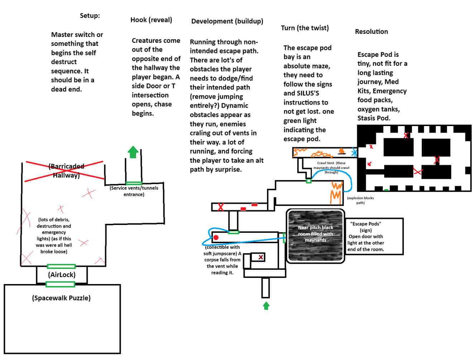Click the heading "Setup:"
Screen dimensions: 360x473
coord(90,16)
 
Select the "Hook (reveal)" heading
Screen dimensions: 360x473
coord(151,20)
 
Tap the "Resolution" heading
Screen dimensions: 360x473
coord(371,32)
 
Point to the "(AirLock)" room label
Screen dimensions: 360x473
coord(62,275)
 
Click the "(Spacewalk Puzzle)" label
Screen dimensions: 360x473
coord(61,298)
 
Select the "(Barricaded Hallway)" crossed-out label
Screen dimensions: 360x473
coord(66,171)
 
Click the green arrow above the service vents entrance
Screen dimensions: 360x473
coord(133,152)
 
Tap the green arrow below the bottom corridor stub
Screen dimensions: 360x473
coord(266,306)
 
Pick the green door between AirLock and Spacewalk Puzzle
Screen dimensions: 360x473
coord(60,284)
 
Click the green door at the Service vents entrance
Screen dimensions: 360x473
coord(134,183)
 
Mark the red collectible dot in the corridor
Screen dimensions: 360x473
coord(216,237)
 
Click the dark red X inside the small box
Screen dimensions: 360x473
coord(261,257)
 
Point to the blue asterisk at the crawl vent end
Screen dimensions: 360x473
coord(354,153)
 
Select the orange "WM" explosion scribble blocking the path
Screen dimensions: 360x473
coord(336,192)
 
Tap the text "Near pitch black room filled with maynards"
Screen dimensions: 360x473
coord(315,234)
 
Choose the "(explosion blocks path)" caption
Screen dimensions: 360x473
coord(360,200)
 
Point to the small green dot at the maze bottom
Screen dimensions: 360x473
coord(386,190)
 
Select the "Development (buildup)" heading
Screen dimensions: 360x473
coord(227,21)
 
